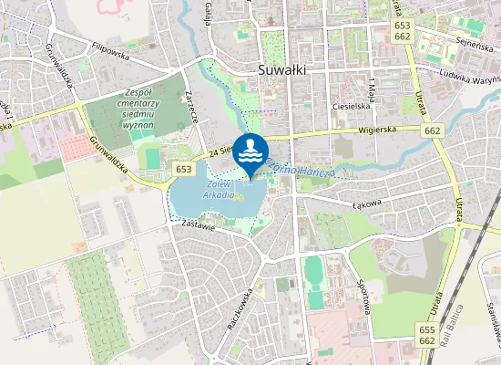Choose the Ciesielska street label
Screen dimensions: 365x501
(x=350, y=106)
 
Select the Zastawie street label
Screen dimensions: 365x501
(x=197, y=224)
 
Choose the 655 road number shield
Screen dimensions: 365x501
(x=427, y=328)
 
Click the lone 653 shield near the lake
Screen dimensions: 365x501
(x=183, y=169)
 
